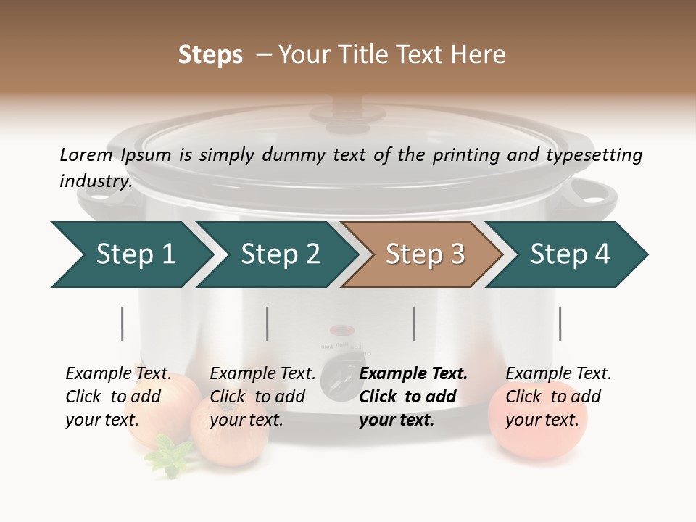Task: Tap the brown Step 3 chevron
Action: [x=424, y=254]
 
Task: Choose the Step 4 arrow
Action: [x=569, y=254]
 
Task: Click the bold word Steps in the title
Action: [x=210, y=55]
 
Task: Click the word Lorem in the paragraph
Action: [x=86, y=154]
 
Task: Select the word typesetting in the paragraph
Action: [x=594, y=155]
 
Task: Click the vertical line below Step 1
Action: [x=123, y=323]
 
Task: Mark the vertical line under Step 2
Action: [x=268, y=323]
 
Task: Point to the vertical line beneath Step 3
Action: [x=414, y=323]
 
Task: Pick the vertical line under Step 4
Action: [x=560, y=323]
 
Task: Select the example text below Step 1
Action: [x=118, y=397]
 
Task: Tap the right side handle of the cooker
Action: [x=591, y=193]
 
